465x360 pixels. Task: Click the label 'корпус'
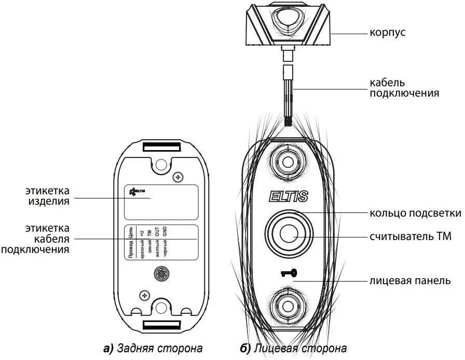tap(388, 33)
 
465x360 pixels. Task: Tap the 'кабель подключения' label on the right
tap(404, 88)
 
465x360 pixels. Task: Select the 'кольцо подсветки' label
tap(415, 213)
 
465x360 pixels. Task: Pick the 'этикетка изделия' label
tap(48, 195)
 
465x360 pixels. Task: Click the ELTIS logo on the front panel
tap(289, 196)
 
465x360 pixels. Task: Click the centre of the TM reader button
tap(288, 234)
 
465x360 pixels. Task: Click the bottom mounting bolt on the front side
tap(288, 305)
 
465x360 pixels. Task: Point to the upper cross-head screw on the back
tap(178, 177)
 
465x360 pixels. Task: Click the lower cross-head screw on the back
tap(141, 295)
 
